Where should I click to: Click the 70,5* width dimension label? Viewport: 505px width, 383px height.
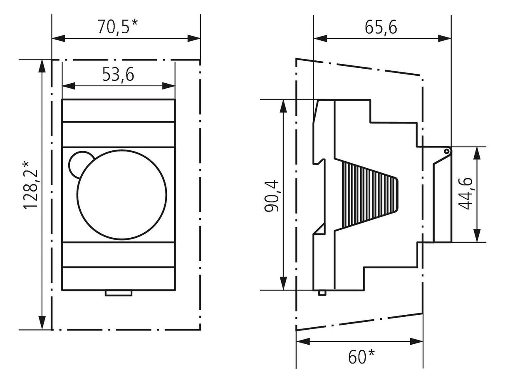118,26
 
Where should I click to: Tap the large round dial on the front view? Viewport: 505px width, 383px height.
122,195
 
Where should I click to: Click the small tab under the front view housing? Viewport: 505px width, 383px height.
119,293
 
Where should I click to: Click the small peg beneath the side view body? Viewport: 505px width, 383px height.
321,293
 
